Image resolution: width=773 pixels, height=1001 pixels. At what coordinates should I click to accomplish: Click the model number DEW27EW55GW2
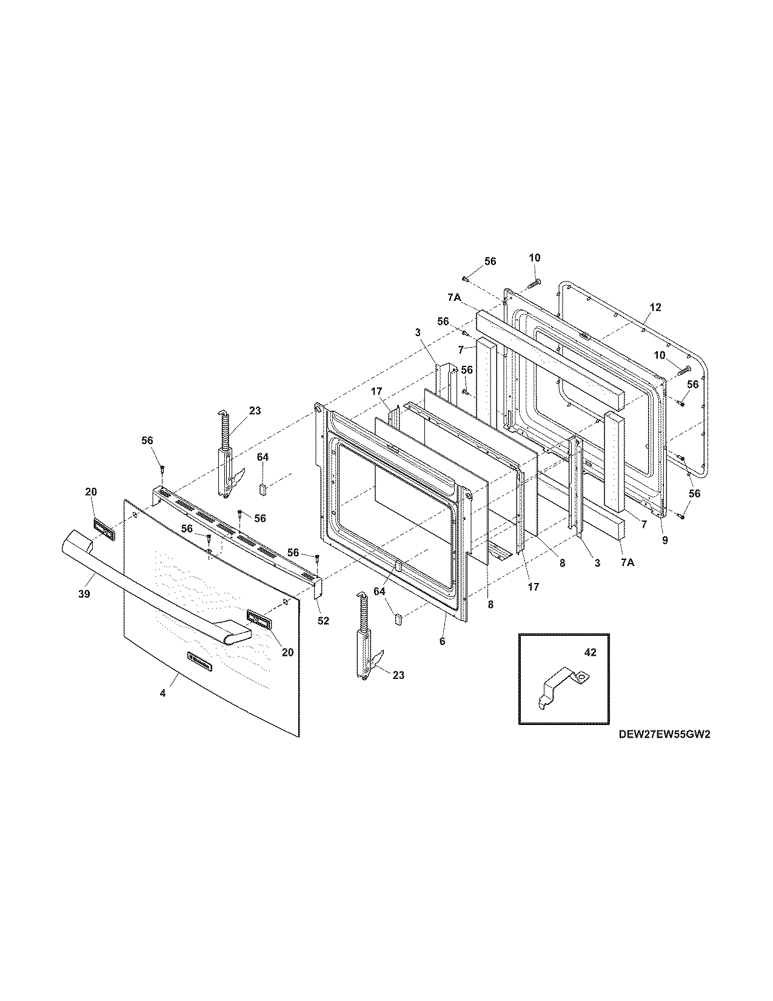(x=664, y=733)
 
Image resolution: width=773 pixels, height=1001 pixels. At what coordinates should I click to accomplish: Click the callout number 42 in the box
(x=590, y=653)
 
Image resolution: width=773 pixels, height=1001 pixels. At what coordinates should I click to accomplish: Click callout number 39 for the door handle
(x=84, y=594)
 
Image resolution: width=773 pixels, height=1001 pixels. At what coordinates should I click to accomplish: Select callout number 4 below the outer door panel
(x=162, y=693)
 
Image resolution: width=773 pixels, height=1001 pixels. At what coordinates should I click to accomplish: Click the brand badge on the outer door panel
(x=200, y=662)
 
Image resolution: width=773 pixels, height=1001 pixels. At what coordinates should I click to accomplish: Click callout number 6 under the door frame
(x=442, y=641)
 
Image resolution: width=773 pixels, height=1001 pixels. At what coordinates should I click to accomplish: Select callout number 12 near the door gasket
(x=655, y=308)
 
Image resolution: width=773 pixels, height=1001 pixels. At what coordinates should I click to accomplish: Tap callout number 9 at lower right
(x=665, y=541)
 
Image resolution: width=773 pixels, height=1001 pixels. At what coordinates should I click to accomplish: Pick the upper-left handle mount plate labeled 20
(x=103, y=529)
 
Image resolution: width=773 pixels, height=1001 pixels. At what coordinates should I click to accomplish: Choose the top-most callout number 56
(x=490, y=261)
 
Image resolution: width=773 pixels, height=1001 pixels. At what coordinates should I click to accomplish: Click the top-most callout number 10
(x=534, y=258)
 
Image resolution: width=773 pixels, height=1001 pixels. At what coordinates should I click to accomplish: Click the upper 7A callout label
(x=455, y=298)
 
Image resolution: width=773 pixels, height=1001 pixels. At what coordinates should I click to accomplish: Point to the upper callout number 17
(x=376, y=393)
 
